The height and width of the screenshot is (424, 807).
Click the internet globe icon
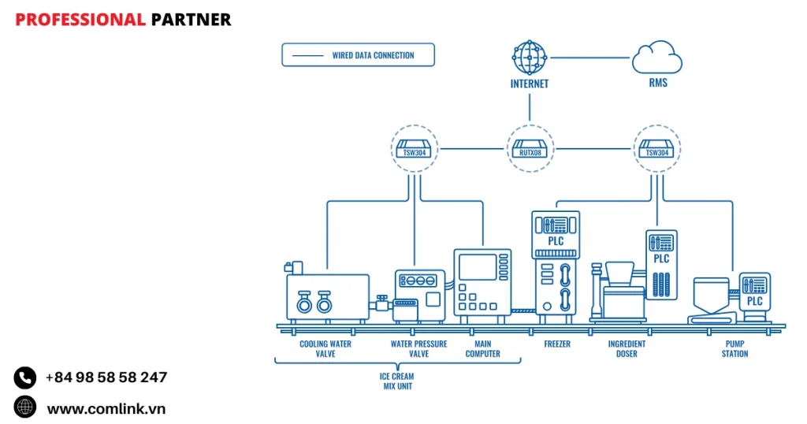coord(529,57)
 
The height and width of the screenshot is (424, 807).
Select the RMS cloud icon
coord(656,58)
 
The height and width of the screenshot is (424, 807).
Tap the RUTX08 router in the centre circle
coord(530,148)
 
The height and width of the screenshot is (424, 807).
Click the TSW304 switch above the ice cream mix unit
coord(414,148)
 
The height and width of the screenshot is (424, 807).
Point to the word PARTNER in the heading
coord(192,20)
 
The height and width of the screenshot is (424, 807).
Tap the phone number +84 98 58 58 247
coord(106,378)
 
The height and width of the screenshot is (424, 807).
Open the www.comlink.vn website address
coord(106,408)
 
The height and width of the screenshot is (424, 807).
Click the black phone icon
coord(25,378)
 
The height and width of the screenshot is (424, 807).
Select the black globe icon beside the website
coord(25,407)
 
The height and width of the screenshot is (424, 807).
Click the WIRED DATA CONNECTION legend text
coord(373,55)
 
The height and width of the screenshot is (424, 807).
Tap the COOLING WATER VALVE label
coord(325,349)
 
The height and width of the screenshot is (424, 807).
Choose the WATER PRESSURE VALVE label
coord(418,349)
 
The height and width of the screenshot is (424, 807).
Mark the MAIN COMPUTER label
coord(482,349)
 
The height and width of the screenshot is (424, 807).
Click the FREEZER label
coord(556,344)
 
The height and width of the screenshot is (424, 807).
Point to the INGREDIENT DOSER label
coord(627,349)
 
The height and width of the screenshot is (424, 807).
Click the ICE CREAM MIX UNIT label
coord(396,381)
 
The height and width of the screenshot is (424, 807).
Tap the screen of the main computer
coord(477,267)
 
